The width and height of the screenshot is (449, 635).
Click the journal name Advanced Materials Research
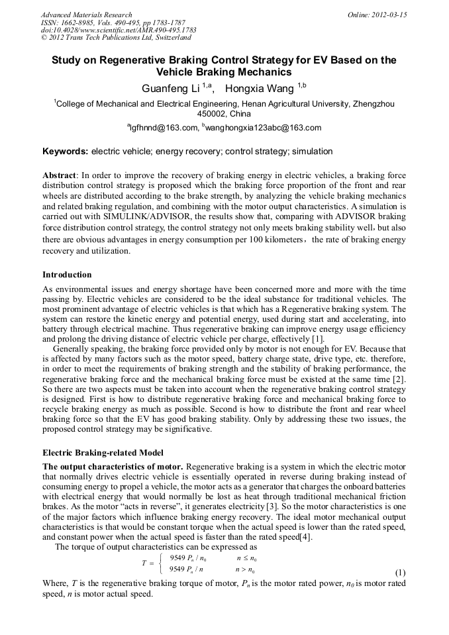pos(86,15)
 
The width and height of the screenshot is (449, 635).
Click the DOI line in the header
pos(119,30)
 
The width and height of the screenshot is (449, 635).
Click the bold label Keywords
pos(64,152)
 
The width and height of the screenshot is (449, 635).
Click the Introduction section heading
pos(67,274)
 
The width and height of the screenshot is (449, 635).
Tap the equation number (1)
pos(400,571)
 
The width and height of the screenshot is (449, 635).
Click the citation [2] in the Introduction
pos(399,377)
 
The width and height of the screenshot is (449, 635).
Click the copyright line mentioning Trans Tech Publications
pos(106,37)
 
